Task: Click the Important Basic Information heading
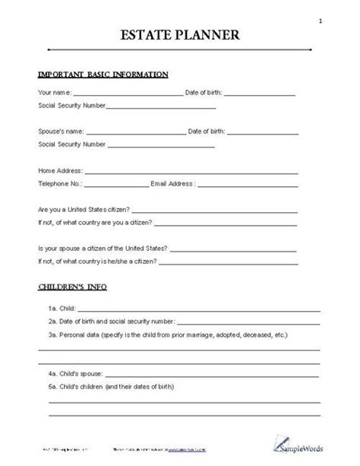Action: [103, 74]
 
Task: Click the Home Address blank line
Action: [201, 173]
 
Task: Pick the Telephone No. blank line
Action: [116, 185]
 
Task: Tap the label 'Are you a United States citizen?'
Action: [84, 209]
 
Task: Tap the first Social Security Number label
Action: [71, 105]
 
